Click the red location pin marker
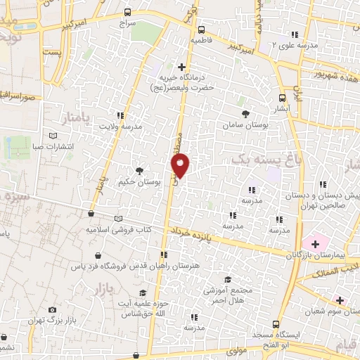(181, 165)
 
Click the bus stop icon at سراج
(127, 12)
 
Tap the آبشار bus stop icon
(282, 98)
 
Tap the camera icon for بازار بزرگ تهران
(52, 310)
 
